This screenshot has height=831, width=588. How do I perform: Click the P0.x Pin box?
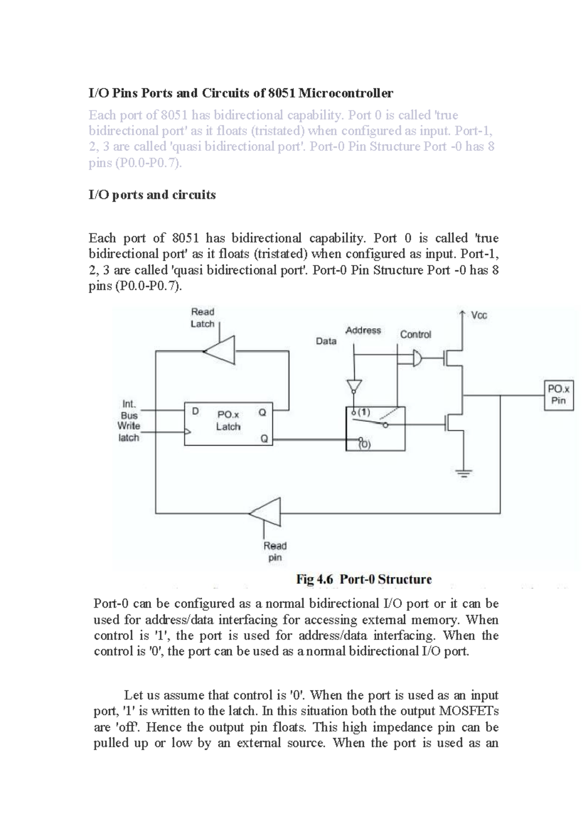click(x=559, y=395)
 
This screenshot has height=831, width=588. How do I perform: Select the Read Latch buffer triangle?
click(x=220, y=350)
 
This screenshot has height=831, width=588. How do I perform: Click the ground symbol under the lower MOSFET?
click(x=464, y=473)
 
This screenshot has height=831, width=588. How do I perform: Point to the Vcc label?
click(x=479, y=316)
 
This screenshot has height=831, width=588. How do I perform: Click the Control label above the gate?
click(x=416, y=334)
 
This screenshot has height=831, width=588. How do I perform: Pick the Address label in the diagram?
click(x=363, y=330)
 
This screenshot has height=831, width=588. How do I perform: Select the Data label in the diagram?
click(x=326, y=341)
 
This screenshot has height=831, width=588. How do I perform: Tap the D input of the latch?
click(x=195, y=412)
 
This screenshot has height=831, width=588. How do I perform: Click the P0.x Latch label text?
click(x=228, y=420)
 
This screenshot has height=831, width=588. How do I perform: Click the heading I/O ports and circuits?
click(x=152, y=195)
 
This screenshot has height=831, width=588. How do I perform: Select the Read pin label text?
click(x=275, y=551)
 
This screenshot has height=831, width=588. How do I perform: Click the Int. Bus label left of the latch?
click(x=129, y=410)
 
